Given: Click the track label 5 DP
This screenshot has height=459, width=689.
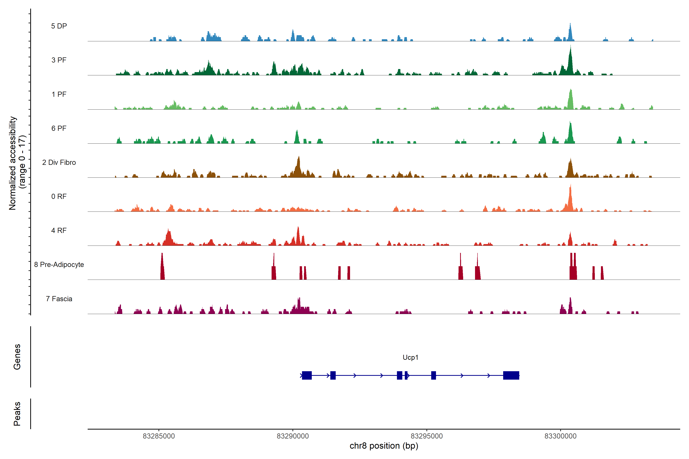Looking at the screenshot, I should [59, 26].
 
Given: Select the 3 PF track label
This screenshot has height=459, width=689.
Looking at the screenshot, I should [59, 60].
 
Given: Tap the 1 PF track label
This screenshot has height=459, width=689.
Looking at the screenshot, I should [59, 94].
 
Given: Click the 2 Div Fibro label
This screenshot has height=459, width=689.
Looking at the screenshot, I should [59, 162].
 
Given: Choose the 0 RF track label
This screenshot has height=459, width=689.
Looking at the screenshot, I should [59, 196].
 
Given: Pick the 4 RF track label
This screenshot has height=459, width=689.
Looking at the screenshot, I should [59, 230].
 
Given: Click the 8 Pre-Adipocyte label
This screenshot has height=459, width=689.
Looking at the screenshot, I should [59, 265].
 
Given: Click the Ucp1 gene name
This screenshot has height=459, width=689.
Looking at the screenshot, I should [410, 357].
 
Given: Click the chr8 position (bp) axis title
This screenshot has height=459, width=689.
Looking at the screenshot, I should [384, 446].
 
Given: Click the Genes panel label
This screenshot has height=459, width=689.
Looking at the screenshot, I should [17, 357].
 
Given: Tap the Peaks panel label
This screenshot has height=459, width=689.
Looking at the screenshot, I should [17, 414].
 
